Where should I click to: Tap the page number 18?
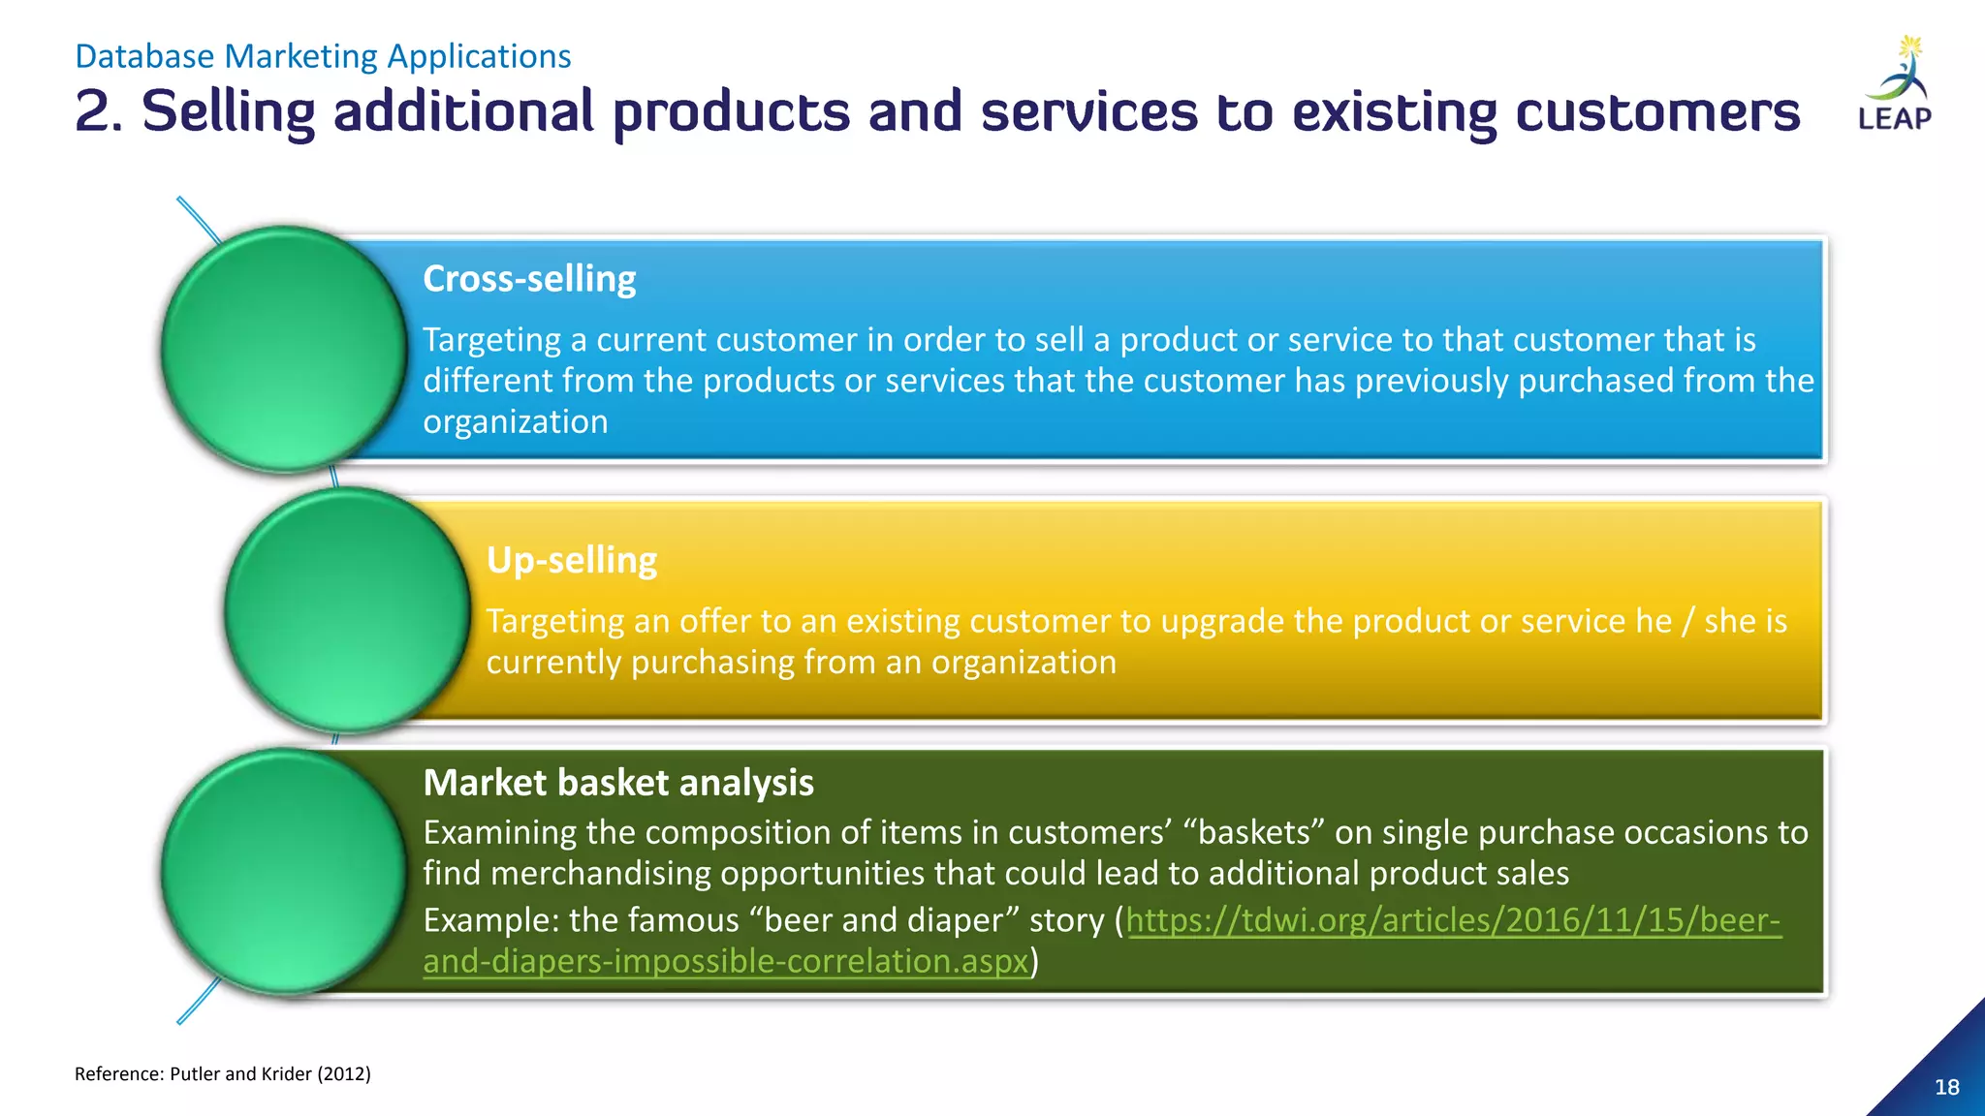click(1946, 1087)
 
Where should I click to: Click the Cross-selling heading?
click(529, 279)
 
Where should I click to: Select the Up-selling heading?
click(571, 560)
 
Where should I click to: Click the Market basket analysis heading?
click(618, 783)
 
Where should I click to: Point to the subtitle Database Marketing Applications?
click(323, 56)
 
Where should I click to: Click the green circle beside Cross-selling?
click(283, 349)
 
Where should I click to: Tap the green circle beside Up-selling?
click(347, 610)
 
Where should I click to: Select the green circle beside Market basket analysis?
click(283, 872)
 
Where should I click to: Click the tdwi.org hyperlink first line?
click(1453, 920)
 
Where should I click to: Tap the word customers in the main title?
click(1657, 112)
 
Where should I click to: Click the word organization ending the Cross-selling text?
click(515, 422)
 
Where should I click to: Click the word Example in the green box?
click(489, 920)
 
